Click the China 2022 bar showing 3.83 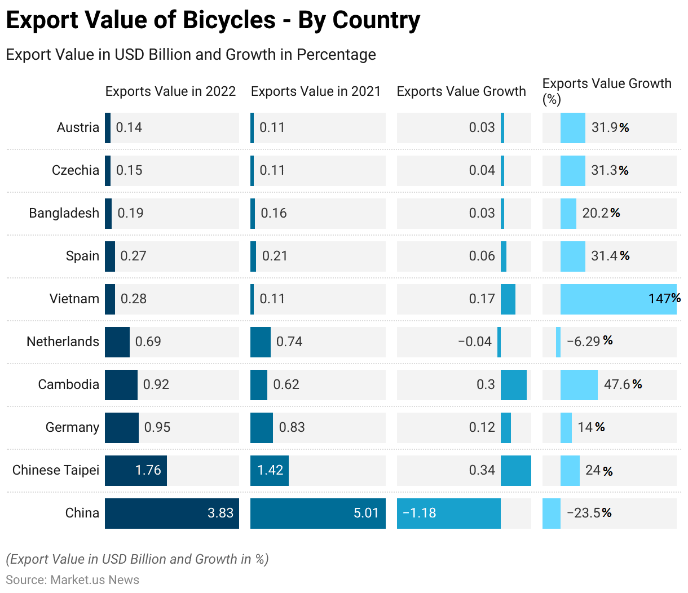click(x=172, y=513)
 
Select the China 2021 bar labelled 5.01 click(x=318, y=513)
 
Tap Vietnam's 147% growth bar click(x=618, y=299)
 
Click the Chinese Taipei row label click(x=56, y=470)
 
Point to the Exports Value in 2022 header click(x=170, y=91)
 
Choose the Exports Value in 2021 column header click(x=316, y=91)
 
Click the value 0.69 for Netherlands click(x=148, y=342)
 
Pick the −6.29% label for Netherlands click(x=589, y=341)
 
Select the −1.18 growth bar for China click(x=449, y=513)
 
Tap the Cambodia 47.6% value click(x=623, y=384)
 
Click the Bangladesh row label click(x=64, y=213)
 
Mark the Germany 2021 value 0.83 click(x=292, y=427)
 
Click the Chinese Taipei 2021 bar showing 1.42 click(x=270, y=470)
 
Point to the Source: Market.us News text click(x=72, y=579)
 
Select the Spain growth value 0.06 click(x=482, y=256)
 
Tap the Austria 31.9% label click(x=610, y=127)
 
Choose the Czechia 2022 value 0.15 click(x=129, y=170)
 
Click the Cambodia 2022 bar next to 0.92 click(x=121, y=384)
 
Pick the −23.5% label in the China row click(x=589, y=513)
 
